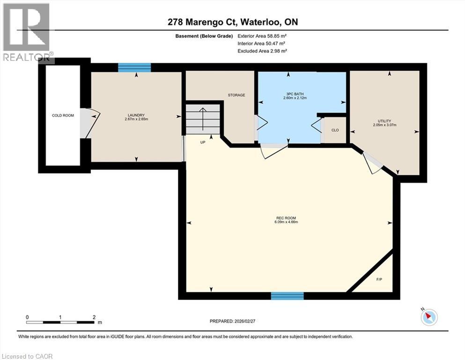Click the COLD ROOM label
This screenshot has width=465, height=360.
pos(63,115)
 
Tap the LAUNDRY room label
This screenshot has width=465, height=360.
pos(136,115)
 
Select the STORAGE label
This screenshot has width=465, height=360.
pos(236,95)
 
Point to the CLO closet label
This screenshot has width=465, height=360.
pos(335,130)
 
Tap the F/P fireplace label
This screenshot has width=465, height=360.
pos(379,279)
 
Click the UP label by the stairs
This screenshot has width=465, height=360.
pos(203,142)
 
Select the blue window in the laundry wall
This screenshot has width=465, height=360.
pos(134,67)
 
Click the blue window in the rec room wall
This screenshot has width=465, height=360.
pos(288,296)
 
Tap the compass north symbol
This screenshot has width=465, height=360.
pos(428,317)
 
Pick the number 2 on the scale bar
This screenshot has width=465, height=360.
pos(94,317)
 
